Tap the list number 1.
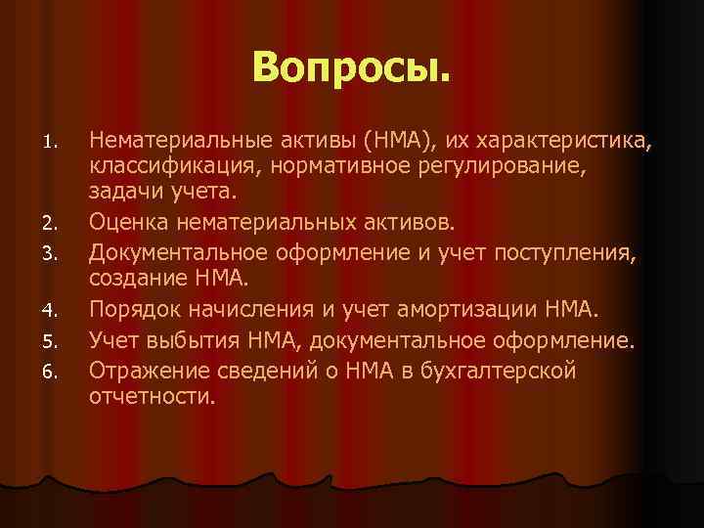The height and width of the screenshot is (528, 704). [x=57, y=145]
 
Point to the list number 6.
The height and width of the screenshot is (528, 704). [x=57, y=371]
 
